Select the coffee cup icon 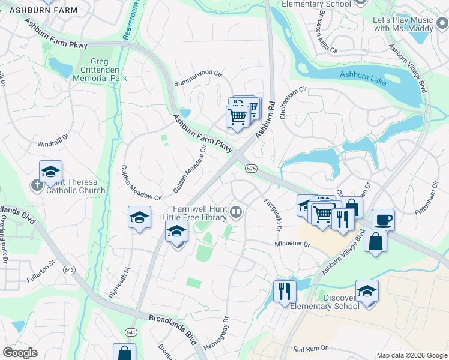pyautogui.click(x=383, y=219)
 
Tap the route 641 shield pyautogui.click(x=131, y=332)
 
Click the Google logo pyautogui.click(x=20, y=352)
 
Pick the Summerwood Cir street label pyautogui.click(x=198, y=78)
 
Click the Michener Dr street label pyautogui.click(x=292, y=245)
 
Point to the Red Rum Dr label pyautogui.click(x=310, y=348)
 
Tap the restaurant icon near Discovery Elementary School pyautogui.click(x=284, y=291)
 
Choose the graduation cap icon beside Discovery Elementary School pyautogui.click(x=367, y=291)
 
